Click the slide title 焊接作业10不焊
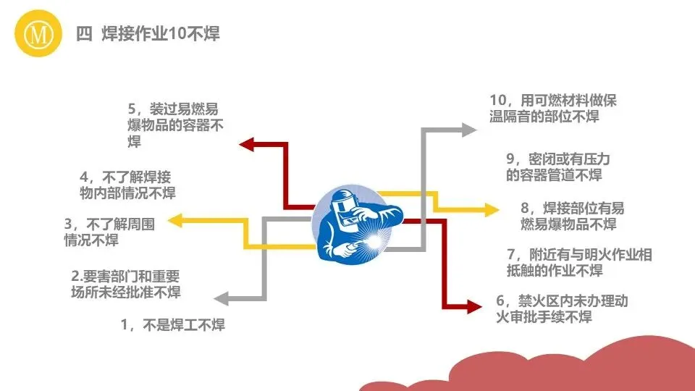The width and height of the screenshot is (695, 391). click(148, 34)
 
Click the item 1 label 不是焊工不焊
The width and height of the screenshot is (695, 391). click(173, 325)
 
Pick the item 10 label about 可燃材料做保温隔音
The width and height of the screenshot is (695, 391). click(554, 108)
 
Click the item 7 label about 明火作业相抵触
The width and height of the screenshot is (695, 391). click(569, 263)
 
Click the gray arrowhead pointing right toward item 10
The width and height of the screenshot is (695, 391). click(471, 129)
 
